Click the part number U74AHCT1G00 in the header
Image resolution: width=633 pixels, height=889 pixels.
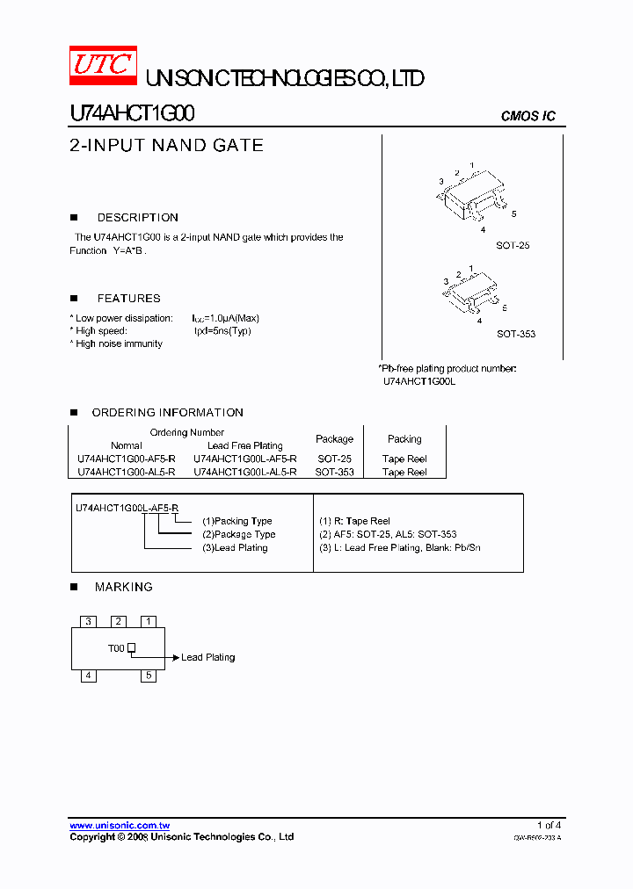pos(132,114)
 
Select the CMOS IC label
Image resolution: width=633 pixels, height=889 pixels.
pos(527,116)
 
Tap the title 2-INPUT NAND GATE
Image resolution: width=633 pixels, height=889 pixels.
pos(166,146)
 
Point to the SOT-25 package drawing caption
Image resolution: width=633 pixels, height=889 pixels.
pos(513,246)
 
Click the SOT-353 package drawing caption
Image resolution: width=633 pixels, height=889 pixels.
pos(515,334)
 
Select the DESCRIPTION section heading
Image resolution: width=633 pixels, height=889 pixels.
pos(137,217)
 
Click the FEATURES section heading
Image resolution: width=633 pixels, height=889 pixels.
pos(128,298)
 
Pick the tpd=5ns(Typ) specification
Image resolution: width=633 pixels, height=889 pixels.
pos(222,331)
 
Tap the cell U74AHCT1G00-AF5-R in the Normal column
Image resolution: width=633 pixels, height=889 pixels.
pos(127,459)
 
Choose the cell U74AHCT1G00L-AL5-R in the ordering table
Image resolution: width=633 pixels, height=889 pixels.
pos(244,472)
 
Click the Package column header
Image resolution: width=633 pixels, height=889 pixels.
pos(334,438)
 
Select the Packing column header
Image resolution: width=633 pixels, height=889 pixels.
pos(404,438)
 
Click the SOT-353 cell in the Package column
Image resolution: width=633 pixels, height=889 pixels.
pos(334,472)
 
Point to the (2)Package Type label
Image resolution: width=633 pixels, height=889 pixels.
pos(238,534)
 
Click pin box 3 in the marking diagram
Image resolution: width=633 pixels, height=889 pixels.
pos(88,621)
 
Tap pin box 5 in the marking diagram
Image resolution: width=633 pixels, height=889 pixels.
pos(149,676)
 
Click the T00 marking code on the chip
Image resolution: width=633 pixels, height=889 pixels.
pos(116,648)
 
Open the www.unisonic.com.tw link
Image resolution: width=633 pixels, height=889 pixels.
pos(120,826)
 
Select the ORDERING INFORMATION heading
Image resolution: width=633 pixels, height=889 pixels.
pos(167,412)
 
